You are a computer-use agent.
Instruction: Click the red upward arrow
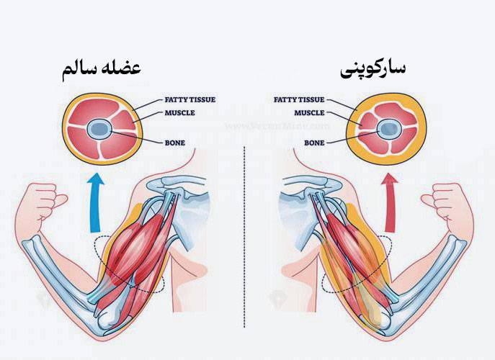point(391,203)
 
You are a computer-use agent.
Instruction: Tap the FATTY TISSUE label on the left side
point(190,99)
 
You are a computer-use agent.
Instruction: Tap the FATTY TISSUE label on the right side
point(299,99)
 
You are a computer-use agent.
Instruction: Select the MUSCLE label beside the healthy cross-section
point(179,112)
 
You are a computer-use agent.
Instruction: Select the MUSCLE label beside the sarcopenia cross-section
point(309,112)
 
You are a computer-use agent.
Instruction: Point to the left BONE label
point(175,143)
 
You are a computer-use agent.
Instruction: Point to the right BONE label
point(314,143)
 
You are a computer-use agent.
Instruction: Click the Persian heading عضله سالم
point(102,70)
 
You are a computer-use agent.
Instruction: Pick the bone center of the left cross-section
point(99,129)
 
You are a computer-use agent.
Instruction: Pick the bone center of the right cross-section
point(390,129)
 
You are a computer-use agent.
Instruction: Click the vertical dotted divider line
point(244,237)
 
